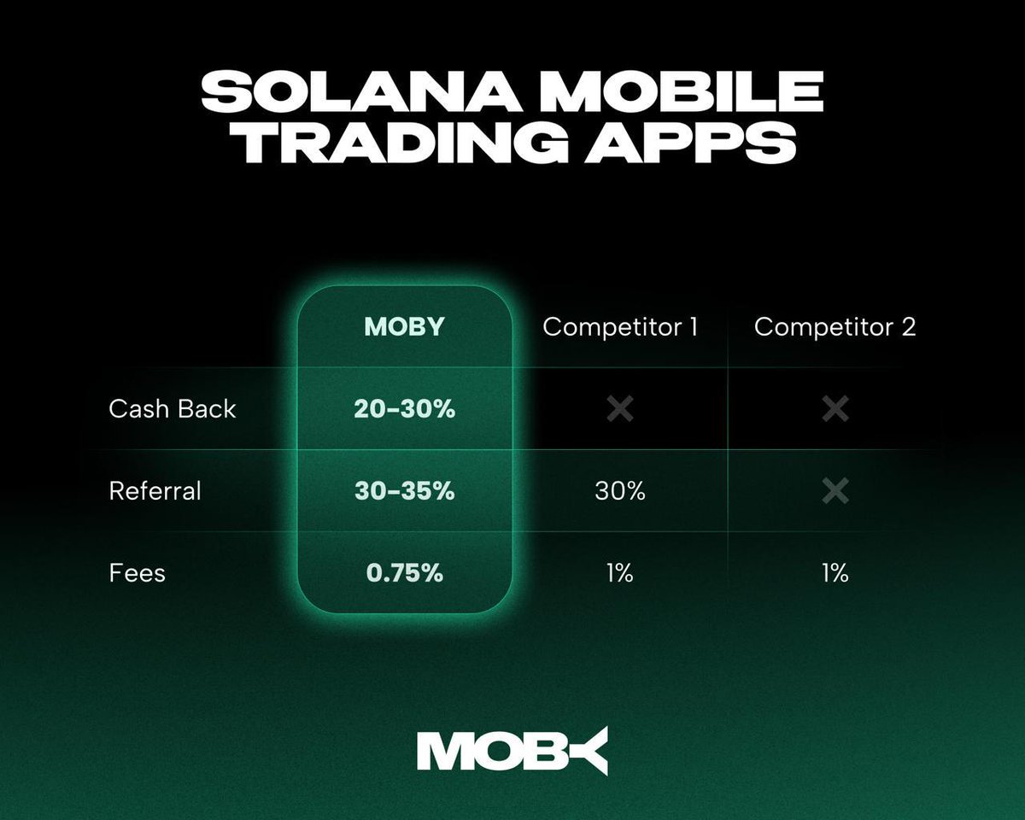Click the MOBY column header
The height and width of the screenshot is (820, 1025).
point(404,326)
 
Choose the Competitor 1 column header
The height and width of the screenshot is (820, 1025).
point(620,326)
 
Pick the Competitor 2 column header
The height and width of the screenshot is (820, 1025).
point(835,326)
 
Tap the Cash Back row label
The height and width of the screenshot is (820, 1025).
point(172,409)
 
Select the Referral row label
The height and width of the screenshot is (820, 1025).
point(155,491)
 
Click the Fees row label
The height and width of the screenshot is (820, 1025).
point(137,572)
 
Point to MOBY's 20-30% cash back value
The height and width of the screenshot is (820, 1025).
point(404,409)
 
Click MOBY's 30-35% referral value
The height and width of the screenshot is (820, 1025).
point(404,491)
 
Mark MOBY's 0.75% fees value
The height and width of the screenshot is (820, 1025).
point(404,572)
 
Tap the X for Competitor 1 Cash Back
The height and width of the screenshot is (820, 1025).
point(620,409)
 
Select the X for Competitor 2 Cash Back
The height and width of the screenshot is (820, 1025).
point(835,409)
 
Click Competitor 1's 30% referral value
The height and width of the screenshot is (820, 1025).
point(620,491)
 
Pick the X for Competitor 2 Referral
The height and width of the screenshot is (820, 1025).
point(835,491)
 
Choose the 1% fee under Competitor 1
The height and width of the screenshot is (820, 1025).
point(620,572)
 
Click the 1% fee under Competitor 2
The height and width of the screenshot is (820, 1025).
point(835,572)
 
